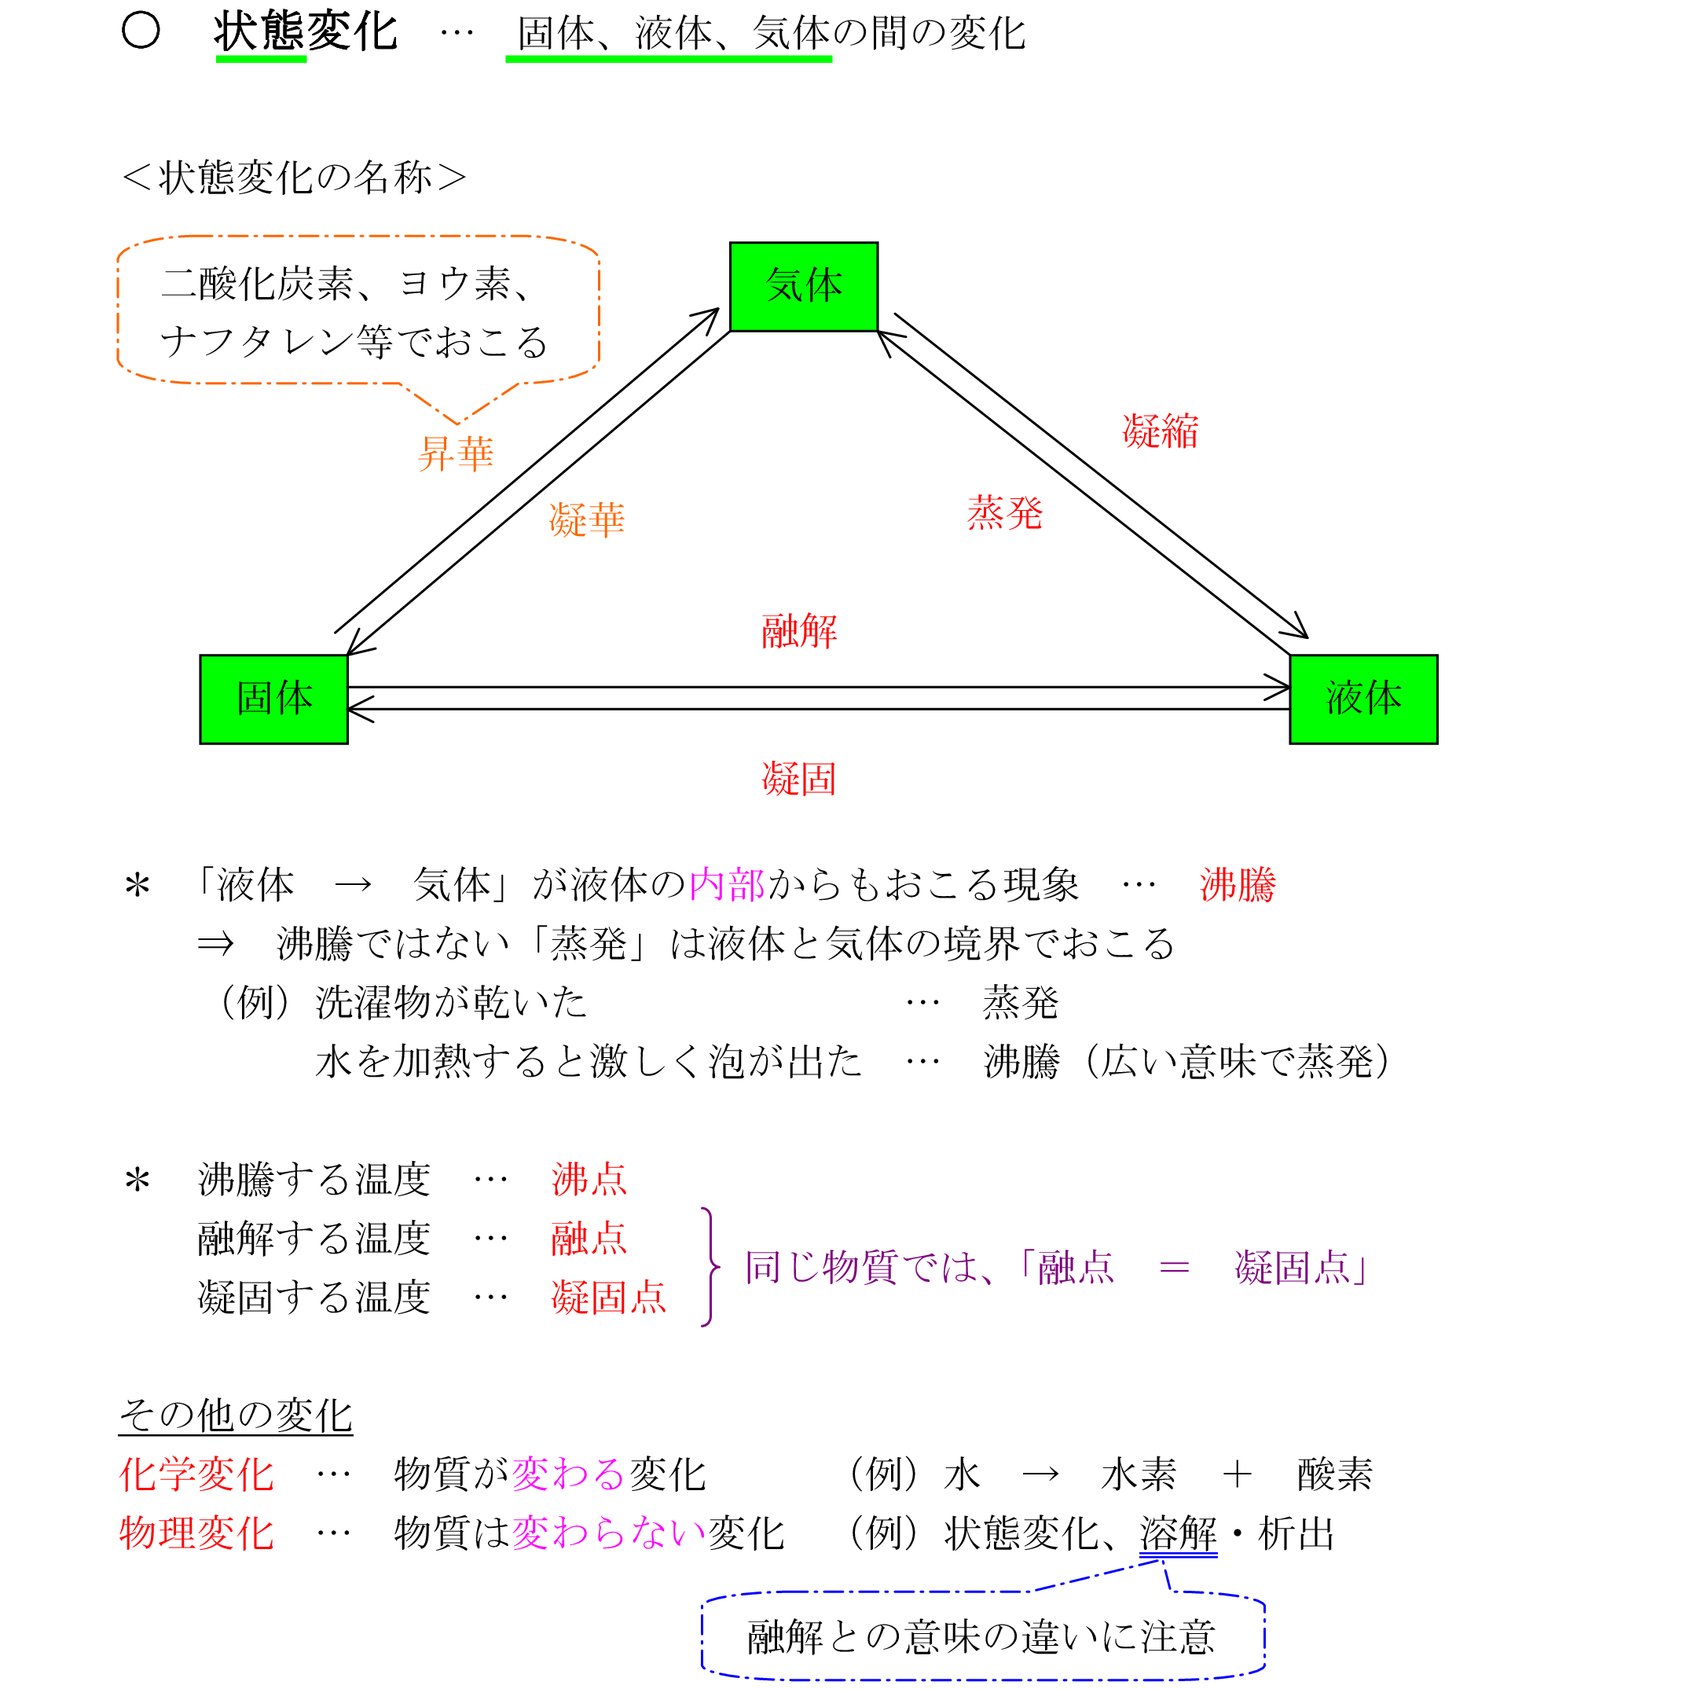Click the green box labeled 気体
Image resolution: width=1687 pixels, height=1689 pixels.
pos(803,287)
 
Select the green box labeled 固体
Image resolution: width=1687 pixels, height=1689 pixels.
pos(273,699)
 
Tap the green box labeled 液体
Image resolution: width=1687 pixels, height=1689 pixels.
pos(1362,699)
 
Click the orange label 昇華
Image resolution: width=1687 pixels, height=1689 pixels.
pos(456,453)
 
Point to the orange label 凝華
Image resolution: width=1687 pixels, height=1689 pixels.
pos(586,520)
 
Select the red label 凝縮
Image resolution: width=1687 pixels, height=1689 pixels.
pos(1160,431)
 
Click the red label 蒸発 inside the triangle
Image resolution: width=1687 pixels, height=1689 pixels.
pos(1004,512)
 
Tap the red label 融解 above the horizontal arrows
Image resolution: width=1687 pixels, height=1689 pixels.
pos(799,630)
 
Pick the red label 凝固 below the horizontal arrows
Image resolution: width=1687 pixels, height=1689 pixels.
pos(799,778)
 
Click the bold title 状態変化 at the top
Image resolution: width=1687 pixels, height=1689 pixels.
pos(305,32)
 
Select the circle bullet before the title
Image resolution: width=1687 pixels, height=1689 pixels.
pos(141,31)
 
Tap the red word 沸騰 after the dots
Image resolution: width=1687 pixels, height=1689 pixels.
pos(1237,885)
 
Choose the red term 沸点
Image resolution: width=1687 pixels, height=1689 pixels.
pos(589,1180)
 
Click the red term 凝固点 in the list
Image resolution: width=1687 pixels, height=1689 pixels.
pos(608,1298)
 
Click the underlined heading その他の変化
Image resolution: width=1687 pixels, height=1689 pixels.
pos(235,1415)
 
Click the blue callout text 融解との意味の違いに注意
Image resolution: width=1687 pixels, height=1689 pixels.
pos(981,1637)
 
